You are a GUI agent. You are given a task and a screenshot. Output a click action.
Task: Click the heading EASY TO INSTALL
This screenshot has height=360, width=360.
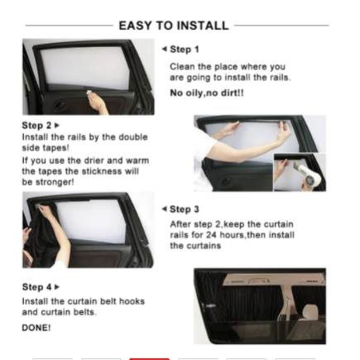click(173, 26)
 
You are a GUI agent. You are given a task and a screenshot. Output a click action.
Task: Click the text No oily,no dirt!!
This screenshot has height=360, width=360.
click(206, 94)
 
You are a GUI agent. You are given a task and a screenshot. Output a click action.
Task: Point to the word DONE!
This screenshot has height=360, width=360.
click(36, 328)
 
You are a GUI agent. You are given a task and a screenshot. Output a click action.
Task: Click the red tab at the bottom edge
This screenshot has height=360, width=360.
click(149, 358)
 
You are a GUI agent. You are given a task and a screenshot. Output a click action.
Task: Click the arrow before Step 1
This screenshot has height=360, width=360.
click(165, 50)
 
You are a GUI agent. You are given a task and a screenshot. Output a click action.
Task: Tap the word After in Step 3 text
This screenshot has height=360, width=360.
click(180, 223)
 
